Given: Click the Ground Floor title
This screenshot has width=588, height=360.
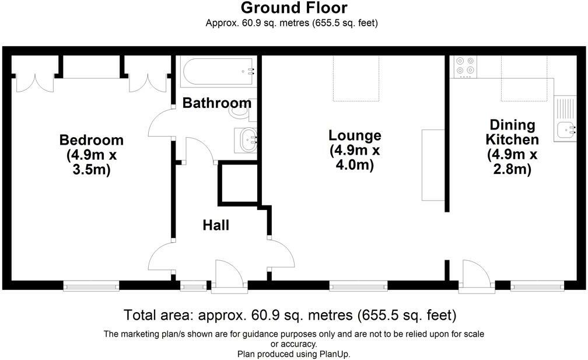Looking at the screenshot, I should click(x=294, y=8).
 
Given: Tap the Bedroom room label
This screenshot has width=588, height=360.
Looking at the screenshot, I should click(x=92, y=140).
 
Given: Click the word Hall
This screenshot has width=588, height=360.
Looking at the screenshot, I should click(x=216, y=225).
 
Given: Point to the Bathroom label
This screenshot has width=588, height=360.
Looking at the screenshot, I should click(x=216, y=103).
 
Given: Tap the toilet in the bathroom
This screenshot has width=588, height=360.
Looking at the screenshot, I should click(x=242, y=109).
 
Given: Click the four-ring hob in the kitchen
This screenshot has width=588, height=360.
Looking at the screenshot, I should click(x=465, y=66).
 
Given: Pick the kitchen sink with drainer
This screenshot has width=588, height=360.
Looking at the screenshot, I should click(x=565, y=120).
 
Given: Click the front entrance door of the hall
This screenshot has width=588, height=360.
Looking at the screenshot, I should click(x=228, y=275).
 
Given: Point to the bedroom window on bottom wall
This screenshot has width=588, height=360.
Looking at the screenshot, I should click(x=91, y=285).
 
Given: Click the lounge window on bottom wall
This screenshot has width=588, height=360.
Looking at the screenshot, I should click(x=358, y=285).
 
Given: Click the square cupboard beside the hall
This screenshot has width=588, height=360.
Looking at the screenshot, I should click(x=238, y=184).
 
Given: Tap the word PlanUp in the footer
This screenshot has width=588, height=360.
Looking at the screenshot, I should click(x=334, y=354).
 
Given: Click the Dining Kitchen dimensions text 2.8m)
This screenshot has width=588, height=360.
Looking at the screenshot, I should click(x=512, y=170).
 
